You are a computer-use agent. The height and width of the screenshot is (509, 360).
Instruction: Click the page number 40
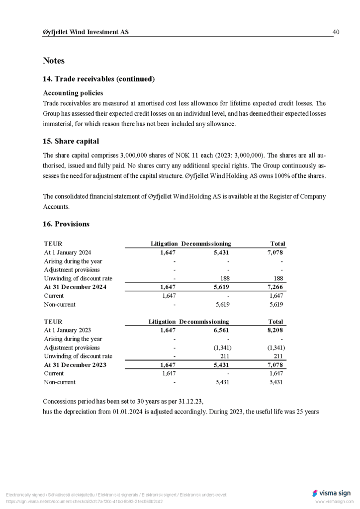(336, 32)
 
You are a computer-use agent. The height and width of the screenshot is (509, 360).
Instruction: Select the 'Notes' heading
(54, 61)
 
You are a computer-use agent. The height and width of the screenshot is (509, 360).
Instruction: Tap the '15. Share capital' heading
(71, 141)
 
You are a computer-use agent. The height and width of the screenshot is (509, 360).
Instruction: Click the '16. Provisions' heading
(66, 224)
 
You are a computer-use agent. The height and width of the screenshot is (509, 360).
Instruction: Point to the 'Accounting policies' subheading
(73, 93)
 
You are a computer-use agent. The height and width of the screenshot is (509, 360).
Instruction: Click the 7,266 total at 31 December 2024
(275, 287)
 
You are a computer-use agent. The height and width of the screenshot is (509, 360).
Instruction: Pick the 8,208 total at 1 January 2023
(275, 330)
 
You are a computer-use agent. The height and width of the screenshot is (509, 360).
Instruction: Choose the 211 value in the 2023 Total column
(278, 356)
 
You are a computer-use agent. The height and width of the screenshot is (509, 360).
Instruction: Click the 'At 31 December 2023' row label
(75, 365)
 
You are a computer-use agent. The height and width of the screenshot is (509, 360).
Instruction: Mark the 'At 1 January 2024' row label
(68, 253)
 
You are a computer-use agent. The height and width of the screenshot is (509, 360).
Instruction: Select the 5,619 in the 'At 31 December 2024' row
(221, 287)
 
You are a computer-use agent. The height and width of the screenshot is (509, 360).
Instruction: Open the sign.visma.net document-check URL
(84, 502)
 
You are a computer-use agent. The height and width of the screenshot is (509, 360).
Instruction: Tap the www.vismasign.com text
(334, 502)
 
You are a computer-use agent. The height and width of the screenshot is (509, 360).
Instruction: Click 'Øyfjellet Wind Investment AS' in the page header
(86, 32)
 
